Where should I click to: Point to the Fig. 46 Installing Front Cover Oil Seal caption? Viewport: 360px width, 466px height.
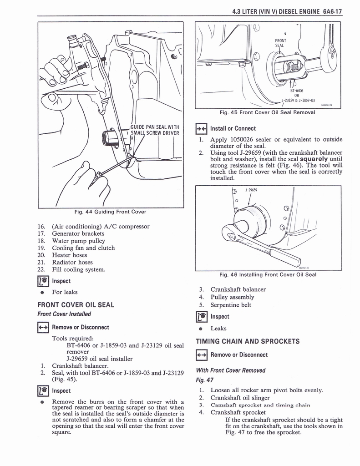[268, 274]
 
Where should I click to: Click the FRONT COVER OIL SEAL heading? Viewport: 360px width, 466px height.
[76, 304]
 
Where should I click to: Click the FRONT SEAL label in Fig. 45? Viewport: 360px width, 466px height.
[280, 43]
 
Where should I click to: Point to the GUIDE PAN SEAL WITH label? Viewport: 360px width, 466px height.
[155, 127]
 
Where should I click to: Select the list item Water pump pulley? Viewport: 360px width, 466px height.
[78, 241]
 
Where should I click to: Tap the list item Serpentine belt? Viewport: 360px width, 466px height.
[231, 305]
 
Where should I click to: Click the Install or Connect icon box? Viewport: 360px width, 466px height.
[201, 128]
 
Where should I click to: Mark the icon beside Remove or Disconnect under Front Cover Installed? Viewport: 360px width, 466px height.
[43, 327]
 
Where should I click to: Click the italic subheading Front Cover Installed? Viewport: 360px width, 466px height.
[64, 314]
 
